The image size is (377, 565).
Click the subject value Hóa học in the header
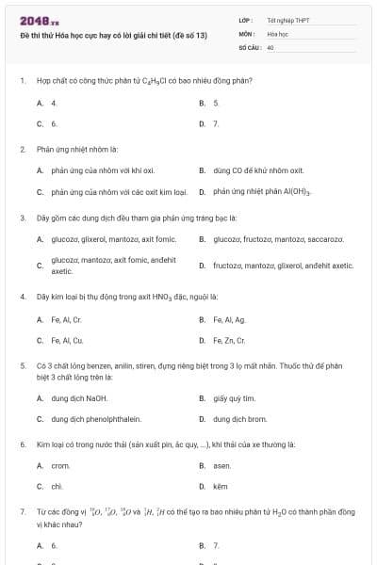(x=277, y=33)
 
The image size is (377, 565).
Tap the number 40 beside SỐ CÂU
(x=270, y=46)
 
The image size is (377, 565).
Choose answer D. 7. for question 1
(x=209, y=123)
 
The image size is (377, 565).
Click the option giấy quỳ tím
(x=234, y=398)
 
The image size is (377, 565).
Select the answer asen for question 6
(x=221, y=465)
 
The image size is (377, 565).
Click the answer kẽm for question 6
(x=221, y=487)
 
